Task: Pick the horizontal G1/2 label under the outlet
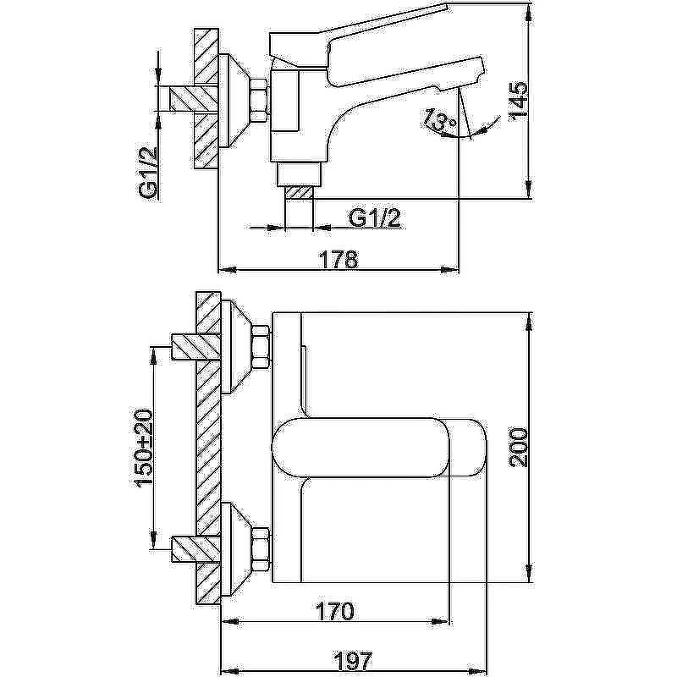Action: coord(374,217)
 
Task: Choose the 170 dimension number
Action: coord(336,610)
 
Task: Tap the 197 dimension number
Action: coord(339,661)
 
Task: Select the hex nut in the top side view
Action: coord(259,98)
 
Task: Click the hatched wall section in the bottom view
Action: coord(208,449)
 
